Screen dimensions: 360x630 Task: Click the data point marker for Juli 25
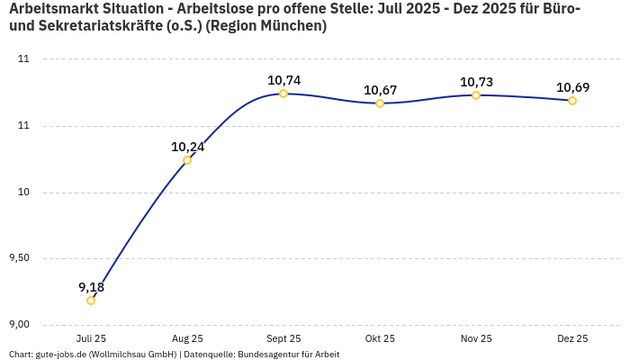click(91, 301)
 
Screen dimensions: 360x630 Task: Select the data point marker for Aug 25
click(187, 160)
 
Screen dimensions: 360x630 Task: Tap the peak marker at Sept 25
click(283, 94)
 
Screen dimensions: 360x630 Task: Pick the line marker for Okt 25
click(380, 103)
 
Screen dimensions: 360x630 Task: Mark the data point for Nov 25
click(476, 95)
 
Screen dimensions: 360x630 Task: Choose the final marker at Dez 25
click(572, 101)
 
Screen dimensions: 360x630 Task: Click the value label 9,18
click(91, 287)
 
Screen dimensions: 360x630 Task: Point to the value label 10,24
click(187, 147)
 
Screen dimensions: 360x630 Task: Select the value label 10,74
click(283, 80)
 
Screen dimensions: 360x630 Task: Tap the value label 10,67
click(380, 90)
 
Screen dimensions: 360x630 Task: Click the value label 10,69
click(572, 87)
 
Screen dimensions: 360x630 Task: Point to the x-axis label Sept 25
click(283, 338)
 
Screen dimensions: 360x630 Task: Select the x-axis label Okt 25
click(380, 338)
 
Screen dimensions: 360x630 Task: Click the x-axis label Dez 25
click(572, 338)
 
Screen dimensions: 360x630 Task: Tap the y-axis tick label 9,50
click(19, 258)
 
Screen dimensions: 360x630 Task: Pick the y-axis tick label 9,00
click(19, 324)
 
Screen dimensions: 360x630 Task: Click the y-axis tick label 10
click(24, 192)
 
